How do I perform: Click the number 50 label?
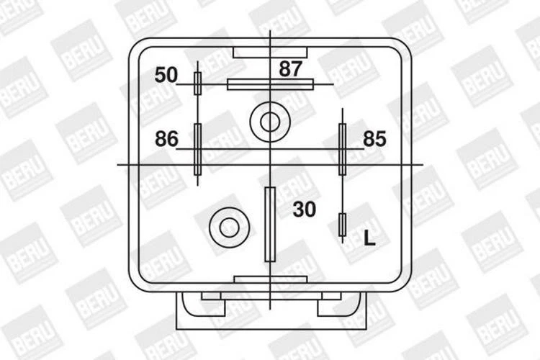[166, 75]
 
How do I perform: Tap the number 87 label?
[290, 69]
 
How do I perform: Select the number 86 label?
[166, 139]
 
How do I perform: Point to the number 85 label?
[374, 139]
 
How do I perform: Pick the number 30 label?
[304, 210]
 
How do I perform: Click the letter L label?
[369, 239]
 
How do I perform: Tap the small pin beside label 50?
[198, 84]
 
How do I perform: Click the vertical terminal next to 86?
[198, 149]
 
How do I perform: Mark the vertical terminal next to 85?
[343, 149]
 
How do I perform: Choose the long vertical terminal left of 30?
[270, 224]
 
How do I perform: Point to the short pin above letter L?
[343, 226]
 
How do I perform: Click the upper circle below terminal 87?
[269, 122]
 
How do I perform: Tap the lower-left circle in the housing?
[229, 228]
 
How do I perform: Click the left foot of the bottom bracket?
[212, 295]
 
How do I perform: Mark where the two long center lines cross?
[270, 165]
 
